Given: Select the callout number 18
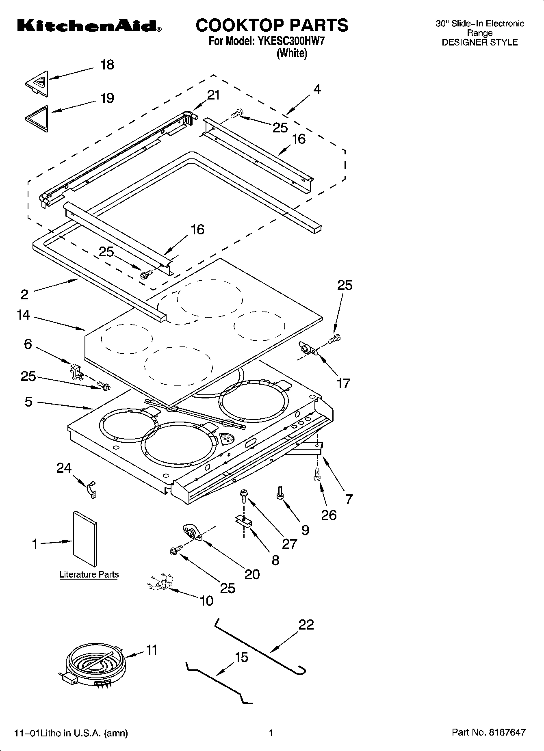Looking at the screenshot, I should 107,65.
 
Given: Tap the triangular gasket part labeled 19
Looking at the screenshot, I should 37,118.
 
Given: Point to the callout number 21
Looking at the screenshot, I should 213,95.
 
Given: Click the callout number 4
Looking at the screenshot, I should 317,89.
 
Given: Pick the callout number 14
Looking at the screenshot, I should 24,315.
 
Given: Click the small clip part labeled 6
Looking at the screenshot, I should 76,371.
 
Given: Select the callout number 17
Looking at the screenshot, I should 343,383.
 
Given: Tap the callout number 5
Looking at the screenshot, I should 28,402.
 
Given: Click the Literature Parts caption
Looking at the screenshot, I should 89,574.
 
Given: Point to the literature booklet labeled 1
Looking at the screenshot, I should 85,538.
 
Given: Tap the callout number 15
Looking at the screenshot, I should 241,657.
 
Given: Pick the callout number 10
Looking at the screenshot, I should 206,600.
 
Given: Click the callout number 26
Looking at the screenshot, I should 329,515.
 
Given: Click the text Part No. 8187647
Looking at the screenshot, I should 488,732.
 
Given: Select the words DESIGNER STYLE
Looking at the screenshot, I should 479,42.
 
